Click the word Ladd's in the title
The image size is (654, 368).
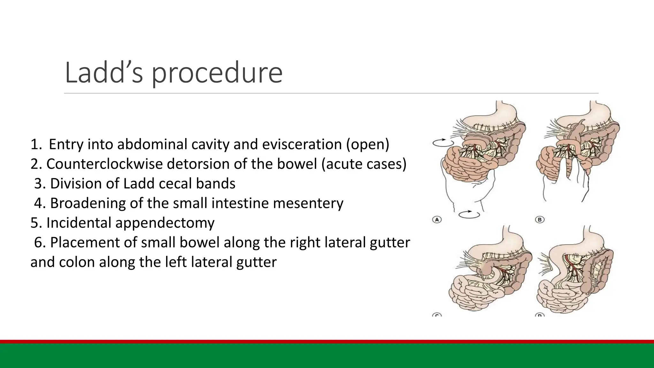[x=104, y=73]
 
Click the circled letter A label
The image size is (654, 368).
[x=437, y=219]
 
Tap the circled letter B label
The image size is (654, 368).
[x=540, y=219]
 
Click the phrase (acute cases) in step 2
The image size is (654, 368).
[x=364, y=164]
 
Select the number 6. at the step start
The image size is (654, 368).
[x=40, y=242]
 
